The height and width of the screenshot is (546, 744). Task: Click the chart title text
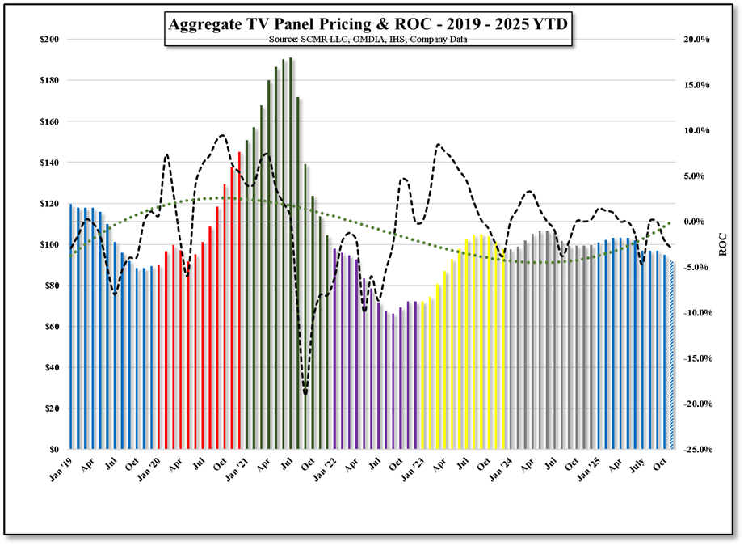pyautogui.click(x=368, y=24)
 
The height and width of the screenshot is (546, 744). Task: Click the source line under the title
pyautogui.click(x=368, y=39)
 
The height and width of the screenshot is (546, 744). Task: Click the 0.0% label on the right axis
pyautogui.click(x=697, y=222)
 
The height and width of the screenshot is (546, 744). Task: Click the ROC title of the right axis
pyautogui.click(x=723, y=244)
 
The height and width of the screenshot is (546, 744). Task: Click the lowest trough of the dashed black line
pyautogui.click(x=305, y=394)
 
